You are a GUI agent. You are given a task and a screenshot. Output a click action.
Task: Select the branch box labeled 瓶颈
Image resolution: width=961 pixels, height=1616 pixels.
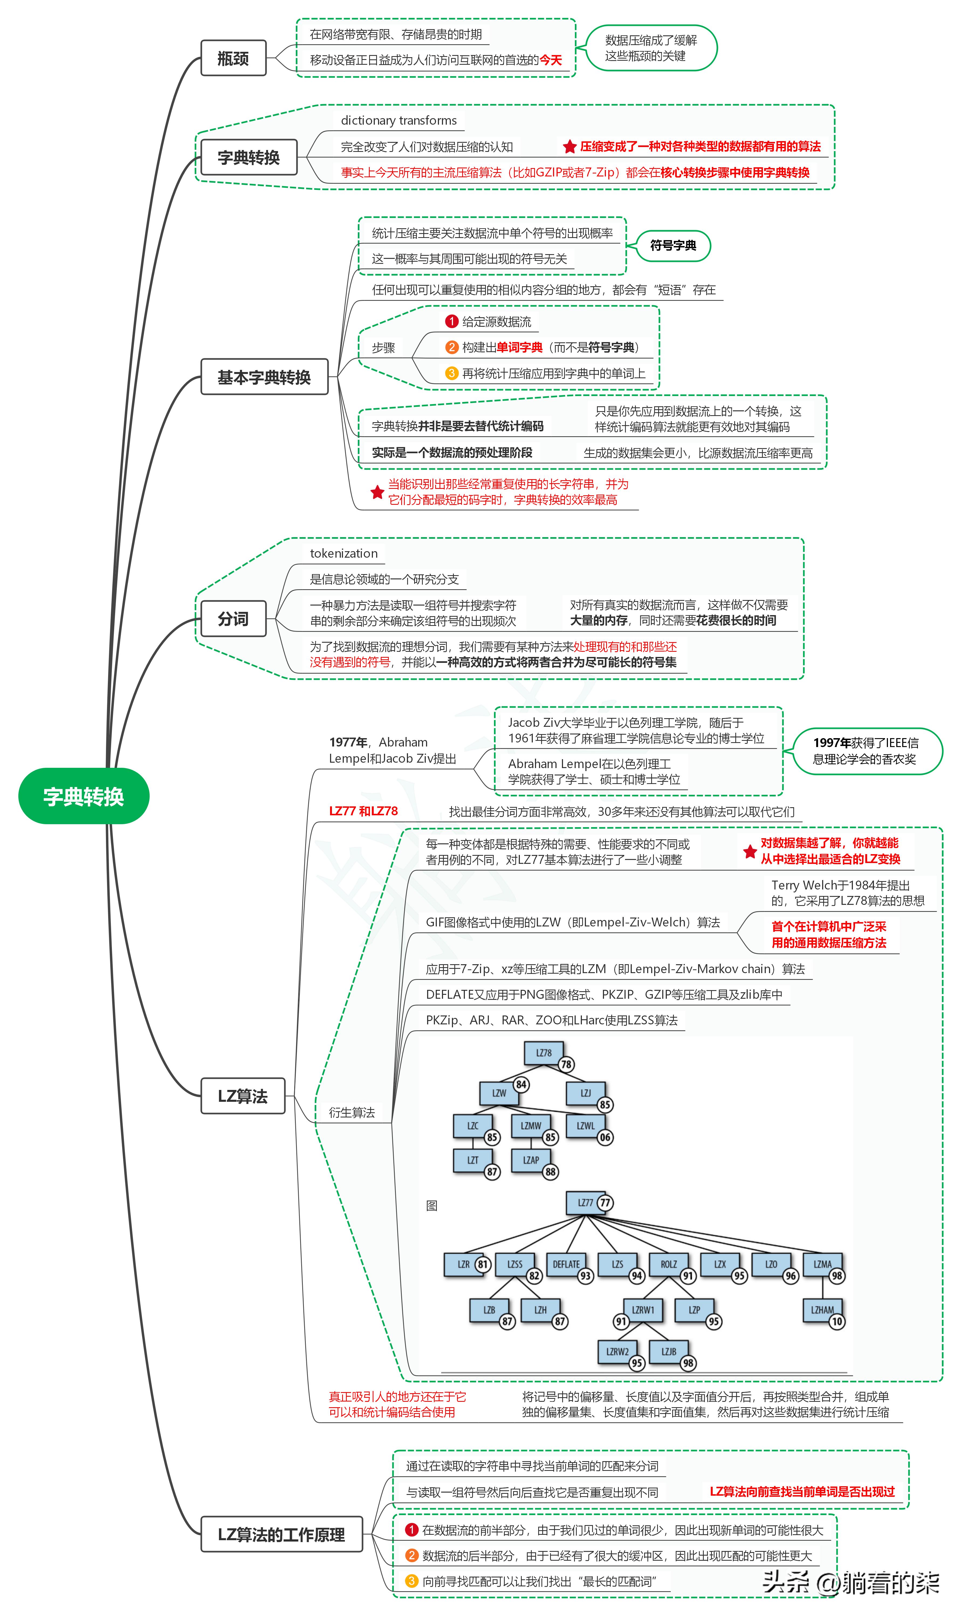[x=233, y=58]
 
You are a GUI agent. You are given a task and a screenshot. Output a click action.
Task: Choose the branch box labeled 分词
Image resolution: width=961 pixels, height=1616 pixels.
[x=233, y=619]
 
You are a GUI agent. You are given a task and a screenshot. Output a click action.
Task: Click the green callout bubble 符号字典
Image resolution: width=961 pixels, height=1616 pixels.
[x=673, y=246]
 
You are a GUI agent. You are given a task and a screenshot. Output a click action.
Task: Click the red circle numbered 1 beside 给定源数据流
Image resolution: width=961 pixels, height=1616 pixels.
[x=451, y=321]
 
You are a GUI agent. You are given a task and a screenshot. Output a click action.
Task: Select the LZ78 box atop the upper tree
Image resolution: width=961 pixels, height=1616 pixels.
[x=543, y=1053]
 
